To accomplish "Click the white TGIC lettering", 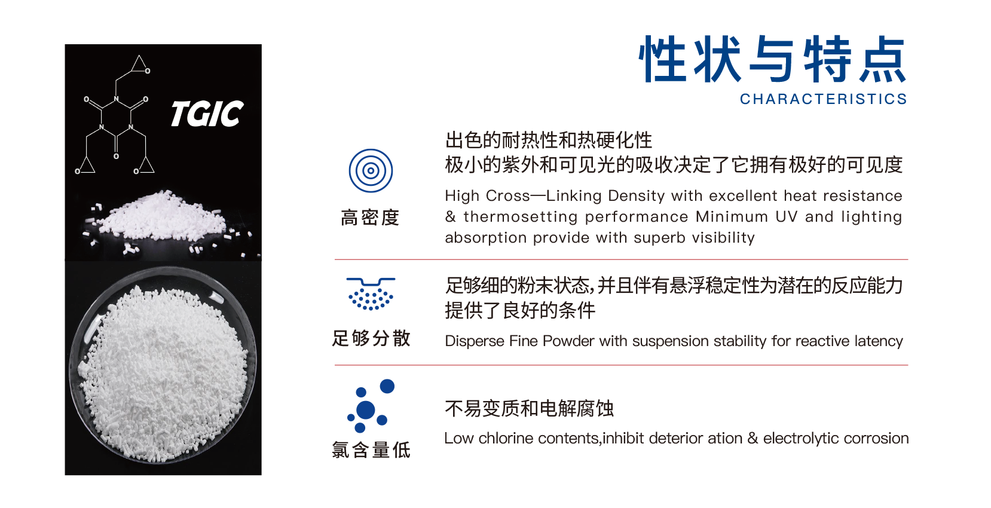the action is tap(207, 114).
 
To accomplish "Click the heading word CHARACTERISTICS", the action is tap(824, 99).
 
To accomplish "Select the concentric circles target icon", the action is tap(371, 170).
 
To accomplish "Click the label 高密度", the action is tap(371, 218).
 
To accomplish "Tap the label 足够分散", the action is tap(371, 338).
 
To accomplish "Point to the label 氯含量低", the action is tap(371, 450).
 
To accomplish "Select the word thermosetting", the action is tap(521, 217).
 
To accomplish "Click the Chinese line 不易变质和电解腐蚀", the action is tap(529, 408).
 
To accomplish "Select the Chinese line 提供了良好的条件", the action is tap(520, 310).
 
